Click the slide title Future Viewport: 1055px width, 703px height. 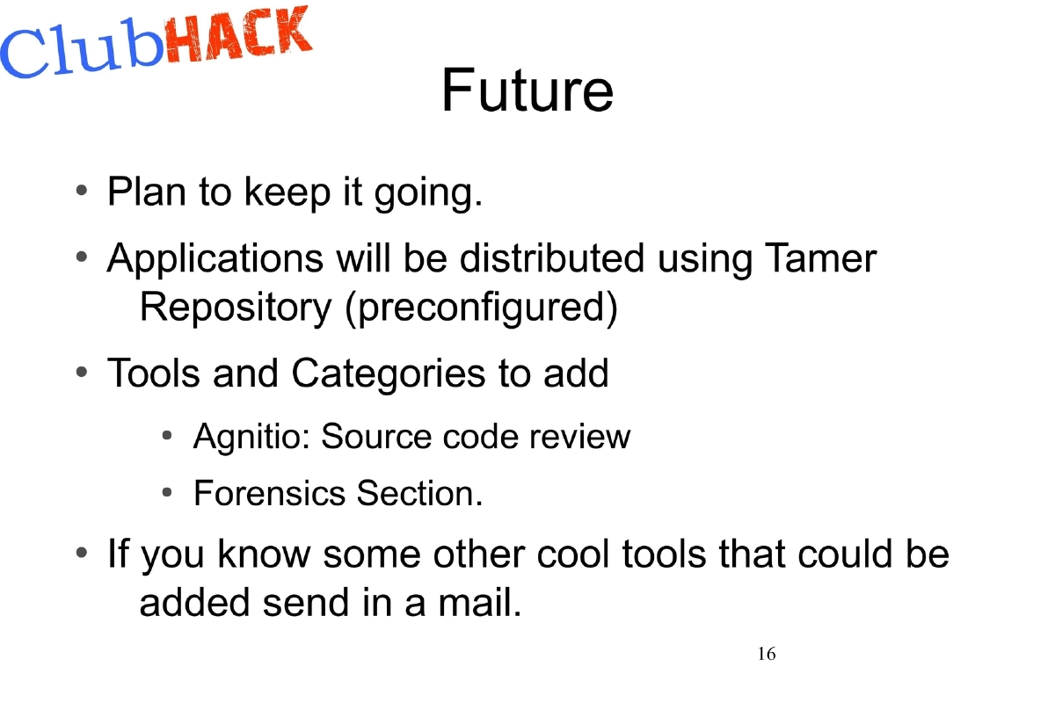[x=527, y=90]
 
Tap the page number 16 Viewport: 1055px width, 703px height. [x=766, y=654]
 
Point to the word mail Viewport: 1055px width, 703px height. [x=475, y=603]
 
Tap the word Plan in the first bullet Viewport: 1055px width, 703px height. [x=145, y=191]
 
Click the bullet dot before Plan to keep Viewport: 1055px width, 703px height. [x=81, y=190]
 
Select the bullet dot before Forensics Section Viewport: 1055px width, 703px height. [x=168, y=493]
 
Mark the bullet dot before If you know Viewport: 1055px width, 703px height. [x=81, y=554]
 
